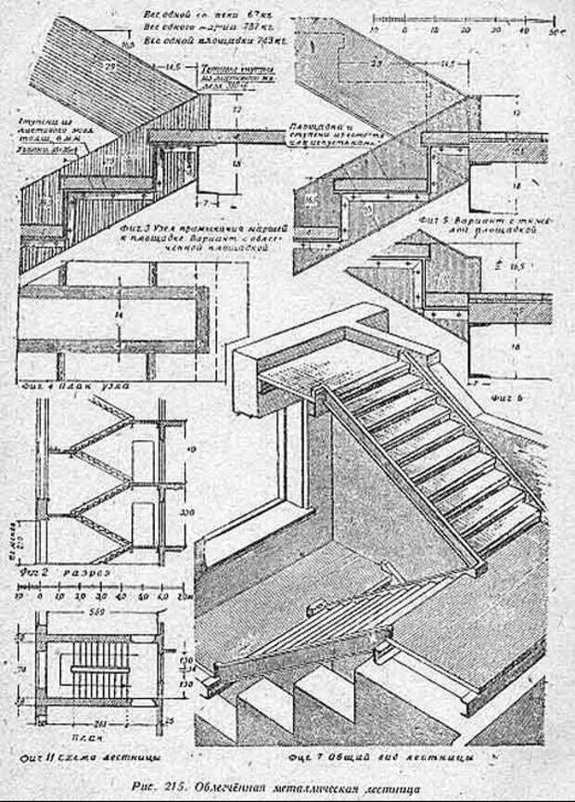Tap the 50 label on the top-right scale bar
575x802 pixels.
coord(554,31)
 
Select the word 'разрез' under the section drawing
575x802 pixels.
coord(87,574)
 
